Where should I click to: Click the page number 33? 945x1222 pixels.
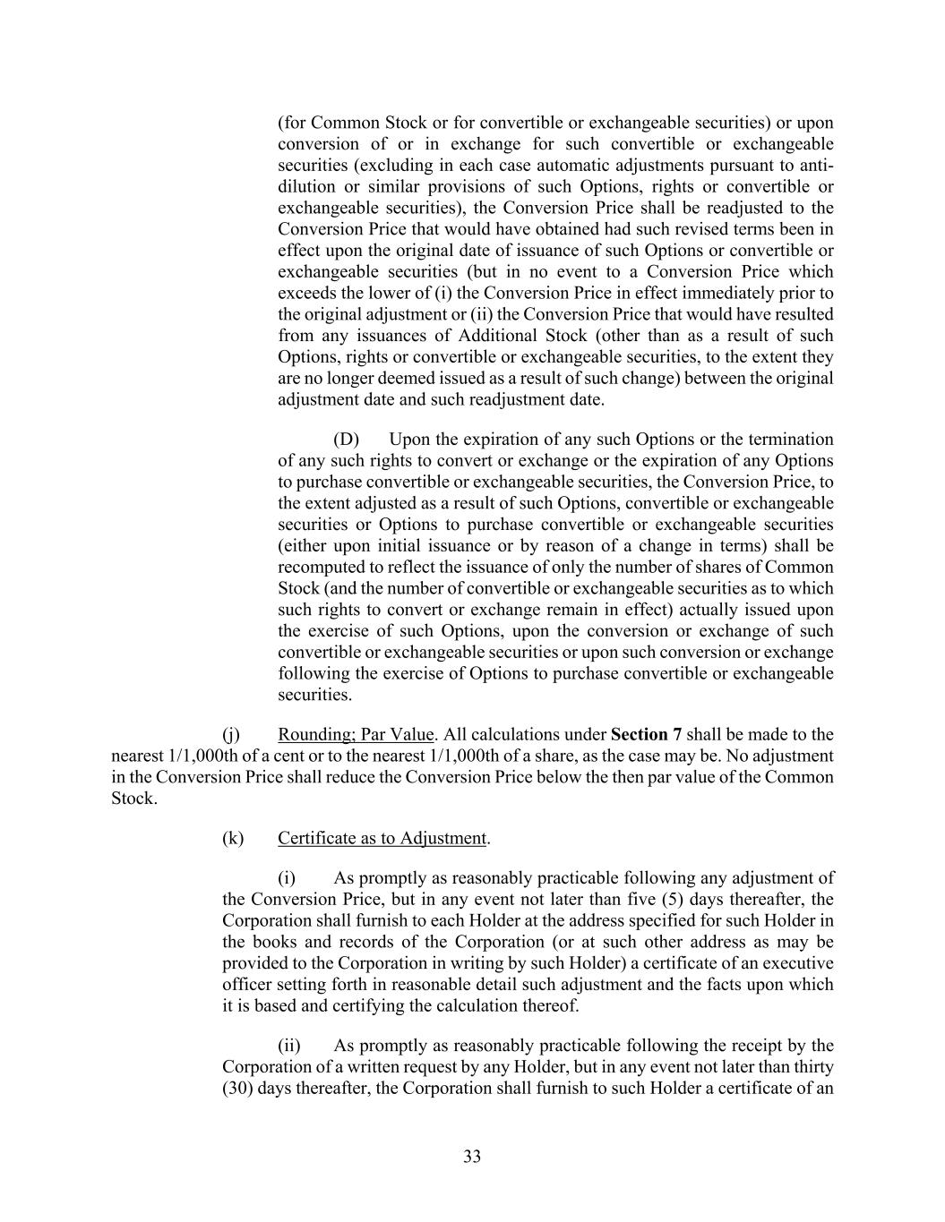472,1157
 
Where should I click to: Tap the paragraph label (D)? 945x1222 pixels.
346,440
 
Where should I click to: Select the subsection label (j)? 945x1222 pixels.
231,735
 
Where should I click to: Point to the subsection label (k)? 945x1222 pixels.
232,839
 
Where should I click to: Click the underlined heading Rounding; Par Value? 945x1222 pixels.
356,735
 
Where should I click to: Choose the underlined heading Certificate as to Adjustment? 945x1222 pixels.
382,839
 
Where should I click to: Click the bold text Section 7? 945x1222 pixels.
646,735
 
